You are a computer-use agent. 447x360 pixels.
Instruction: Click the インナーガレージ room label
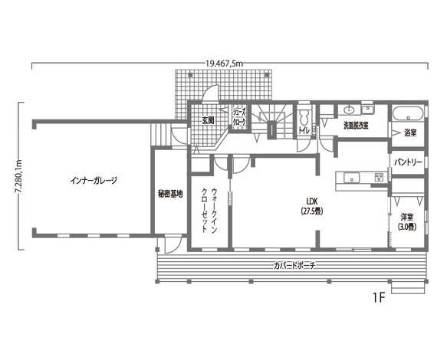click(x=94, y=181)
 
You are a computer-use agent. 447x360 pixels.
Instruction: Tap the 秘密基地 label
click(x=170, y=195)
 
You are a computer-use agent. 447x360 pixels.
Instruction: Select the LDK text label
click(x=312, y=201)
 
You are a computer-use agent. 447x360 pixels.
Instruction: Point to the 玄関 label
click(x=208, y=120)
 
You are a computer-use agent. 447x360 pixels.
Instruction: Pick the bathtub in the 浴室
click(x=408, y=114)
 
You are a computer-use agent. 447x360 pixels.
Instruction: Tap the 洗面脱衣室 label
click(x=356, y=126)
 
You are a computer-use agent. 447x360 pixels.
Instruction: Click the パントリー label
click(x=408, y=162)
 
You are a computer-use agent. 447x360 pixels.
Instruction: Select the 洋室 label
click(x=407, y=218)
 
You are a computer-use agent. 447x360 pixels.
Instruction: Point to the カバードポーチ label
click(x=294, y=266)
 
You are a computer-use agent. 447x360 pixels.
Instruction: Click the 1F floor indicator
click(x=380, y=298)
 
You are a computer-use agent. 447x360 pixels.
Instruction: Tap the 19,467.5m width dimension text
click(x=224, y=64)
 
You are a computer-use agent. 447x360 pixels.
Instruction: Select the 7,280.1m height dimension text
click(x=19, y=177)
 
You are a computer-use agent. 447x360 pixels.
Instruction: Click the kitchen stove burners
click(x=380, y=178)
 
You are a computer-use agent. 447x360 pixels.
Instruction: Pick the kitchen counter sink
click(x=351, y=178)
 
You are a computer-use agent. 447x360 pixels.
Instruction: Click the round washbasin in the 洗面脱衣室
click(x=349, y=110)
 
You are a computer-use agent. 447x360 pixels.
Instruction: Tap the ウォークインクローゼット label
click(x=209, y=211)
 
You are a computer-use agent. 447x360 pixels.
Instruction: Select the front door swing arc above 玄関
click(x=210, y=93)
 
